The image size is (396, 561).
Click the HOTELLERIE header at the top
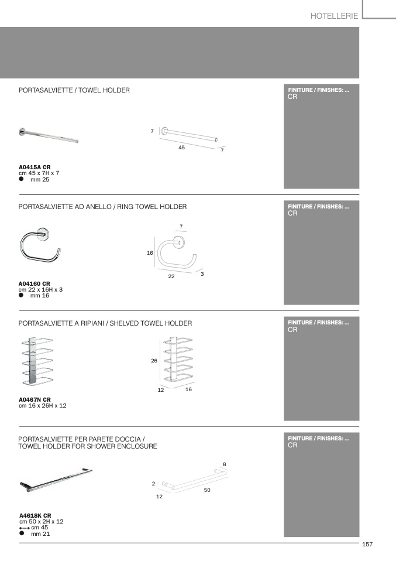pyautogui.click(x=334, y=16)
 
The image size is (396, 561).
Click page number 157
pyautogui.click(x=367, y=544)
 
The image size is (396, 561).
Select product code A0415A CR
pyautogui.click(x=35, y=167)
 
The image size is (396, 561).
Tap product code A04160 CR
pyautogui.click(x=35, y=283)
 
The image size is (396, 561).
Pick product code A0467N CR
pyautogui.click(x=35, y=399)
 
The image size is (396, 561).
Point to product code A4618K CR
pyautogui.click(x=35, y=515)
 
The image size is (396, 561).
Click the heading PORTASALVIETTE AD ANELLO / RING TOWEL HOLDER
pyautogui.click(x=103, y=207)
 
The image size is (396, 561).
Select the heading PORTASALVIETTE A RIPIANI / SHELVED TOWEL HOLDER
pyautogui.click(x=105, y=323)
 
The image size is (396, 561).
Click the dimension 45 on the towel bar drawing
pyautogui.click(x=181, y=148)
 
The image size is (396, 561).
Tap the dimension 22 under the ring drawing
pyautogui.click(x=171, y=276)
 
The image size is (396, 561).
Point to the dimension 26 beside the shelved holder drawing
pyautogui.click(x=154, y=361)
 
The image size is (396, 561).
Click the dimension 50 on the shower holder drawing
pyautogui.click(x=207, y=490)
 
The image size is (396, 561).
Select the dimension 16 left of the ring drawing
pyautogui.click(x=150, y=253)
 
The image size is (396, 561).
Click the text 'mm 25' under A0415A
pyautogui.click(x=40, y=180)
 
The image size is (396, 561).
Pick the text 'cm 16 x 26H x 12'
pyautogui.click(x=43, y=405)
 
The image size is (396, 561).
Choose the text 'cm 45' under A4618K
pyautogui.click(x=40, y=527)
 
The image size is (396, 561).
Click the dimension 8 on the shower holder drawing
pyautogui.click(x=225, y=464)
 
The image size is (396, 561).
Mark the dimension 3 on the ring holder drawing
pyautogui.click(x=202, y=273)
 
